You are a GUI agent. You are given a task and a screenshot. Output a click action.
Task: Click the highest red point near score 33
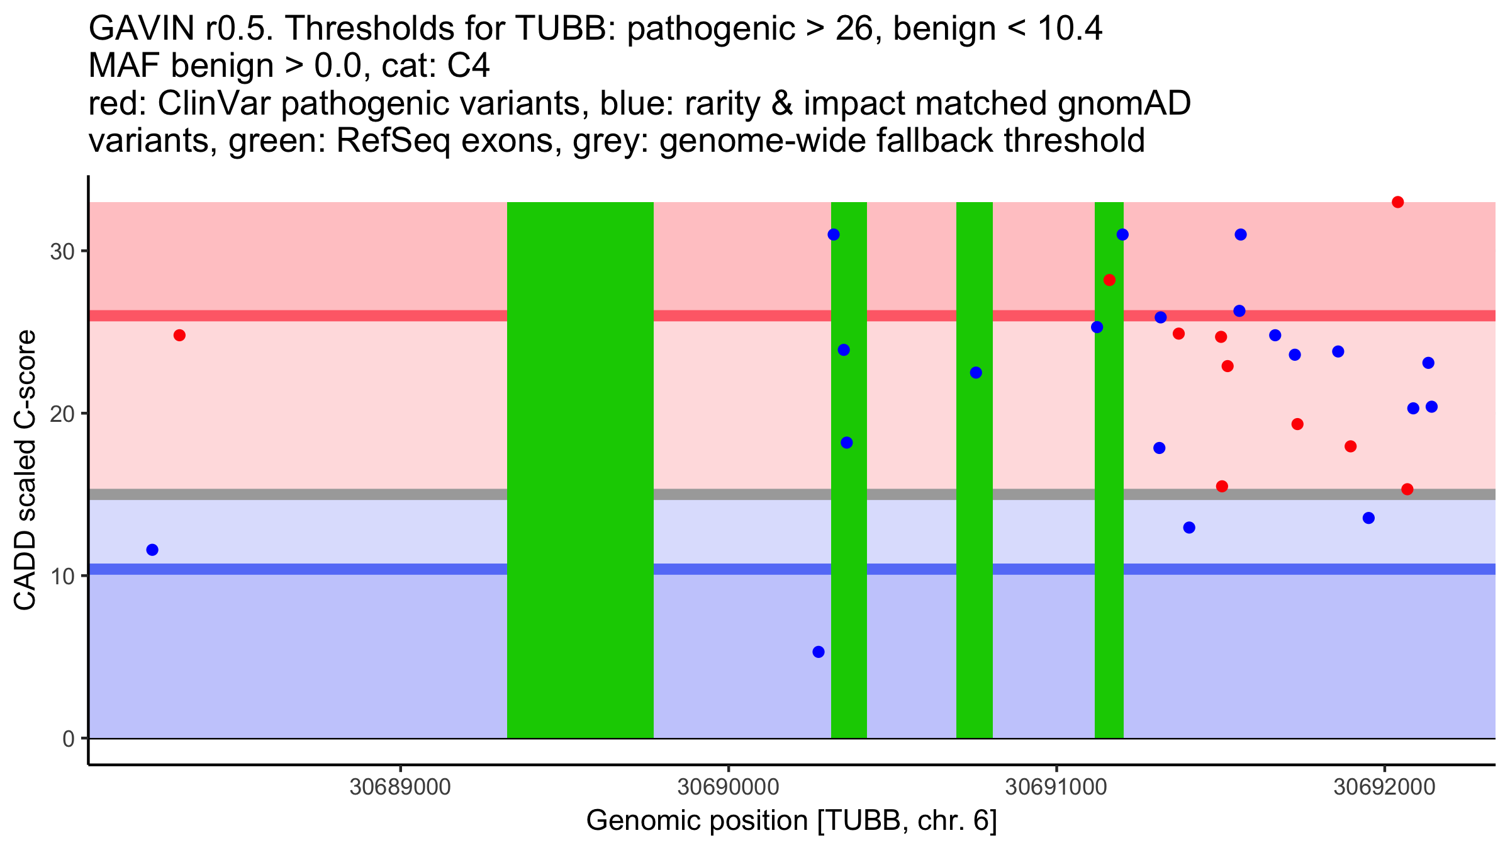1398,202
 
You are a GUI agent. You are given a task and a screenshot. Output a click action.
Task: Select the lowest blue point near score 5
819,652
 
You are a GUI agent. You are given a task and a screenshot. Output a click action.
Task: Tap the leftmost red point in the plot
179,335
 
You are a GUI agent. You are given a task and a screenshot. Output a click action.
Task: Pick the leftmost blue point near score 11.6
152,550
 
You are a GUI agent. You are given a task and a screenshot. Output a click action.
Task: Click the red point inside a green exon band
1109,280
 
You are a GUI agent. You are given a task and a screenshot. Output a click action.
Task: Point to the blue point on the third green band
976,373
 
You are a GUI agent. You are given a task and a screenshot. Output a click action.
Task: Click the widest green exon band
580,470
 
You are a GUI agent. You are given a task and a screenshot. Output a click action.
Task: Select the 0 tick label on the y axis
69,739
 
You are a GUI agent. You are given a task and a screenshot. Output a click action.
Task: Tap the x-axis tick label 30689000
400,787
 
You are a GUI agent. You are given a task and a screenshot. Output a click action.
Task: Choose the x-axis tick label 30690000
729,787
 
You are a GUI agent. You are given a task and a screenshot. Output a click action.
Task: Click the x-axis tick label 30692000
1384,787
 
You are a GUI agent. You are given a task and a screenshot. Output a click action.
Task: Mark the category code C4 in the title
468,65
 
